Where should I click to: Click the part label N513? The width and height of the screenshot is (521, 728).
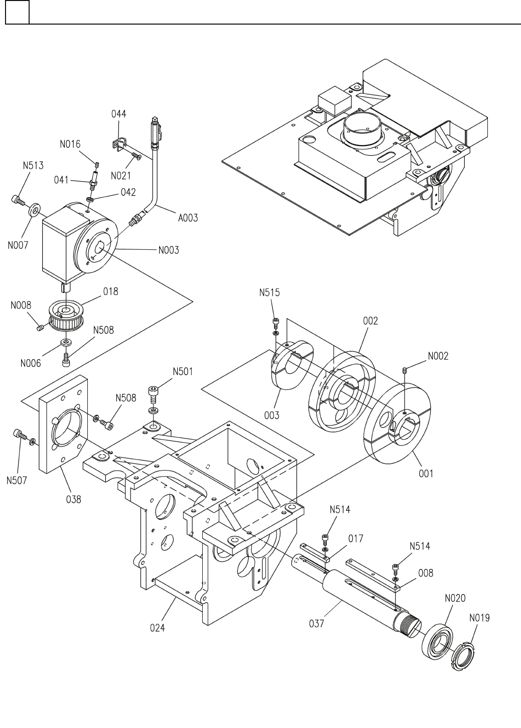[x=33, y=166]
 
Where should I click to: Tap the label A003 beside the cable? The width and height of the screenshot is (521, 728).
[x=188, y=217]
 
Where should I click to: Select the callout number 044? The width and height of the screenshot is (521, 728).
[x=118, y=114]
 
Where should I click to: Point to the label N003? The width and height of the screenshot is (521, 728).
[x=169, y=250]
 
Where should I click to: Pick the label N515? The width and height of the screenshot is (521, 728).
[x=269, y=293]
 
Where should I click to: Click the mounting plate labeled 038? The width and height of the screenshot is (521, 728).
[x=63, y=424]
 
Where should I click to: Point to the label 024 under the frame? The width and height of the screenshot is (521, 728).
[x=158, y=628]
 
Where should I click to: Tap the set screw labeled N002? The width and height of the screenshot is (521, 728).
[x=405, y=370]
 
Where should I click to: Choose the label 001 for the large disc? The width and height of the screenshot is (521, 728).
[x=426, y=474]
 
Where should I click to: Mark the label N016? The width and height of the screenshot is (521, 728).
[x=70, y=144]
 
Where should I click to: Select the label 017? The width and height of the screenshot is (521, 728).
[x=355, y=538]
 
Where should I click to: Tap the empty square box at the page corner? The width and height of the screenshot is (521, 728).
[x=17, y=12]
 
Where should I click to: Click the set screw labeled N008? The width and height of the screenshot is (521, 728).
[x=40, y=328]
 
